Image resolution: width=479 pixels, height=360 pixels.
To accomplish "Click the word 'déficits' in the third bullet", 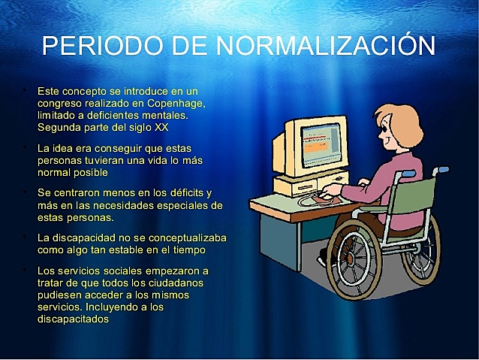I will tap(180, 193).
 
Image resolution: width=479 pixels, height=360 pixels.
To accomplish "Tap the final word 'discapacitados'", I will tap(73, 318).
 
